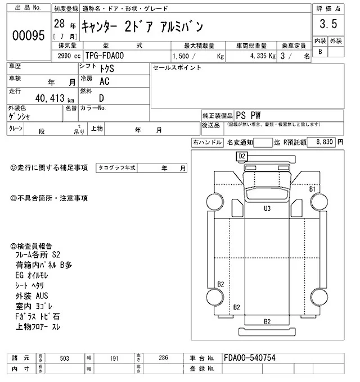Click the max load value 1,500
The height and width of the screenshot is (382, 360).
(181, 56)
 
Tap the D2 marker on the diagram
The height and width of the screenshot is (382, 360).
(242, 156)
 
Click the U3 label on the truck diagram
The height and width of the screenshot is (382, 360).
(268, 208)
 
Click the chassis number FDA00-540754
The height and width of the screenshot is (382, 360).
(249, 358)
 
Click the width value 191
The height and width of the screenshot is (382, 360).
(115, 358)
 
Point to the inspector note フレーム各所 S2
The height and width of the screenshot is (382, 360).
(42, 254)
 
